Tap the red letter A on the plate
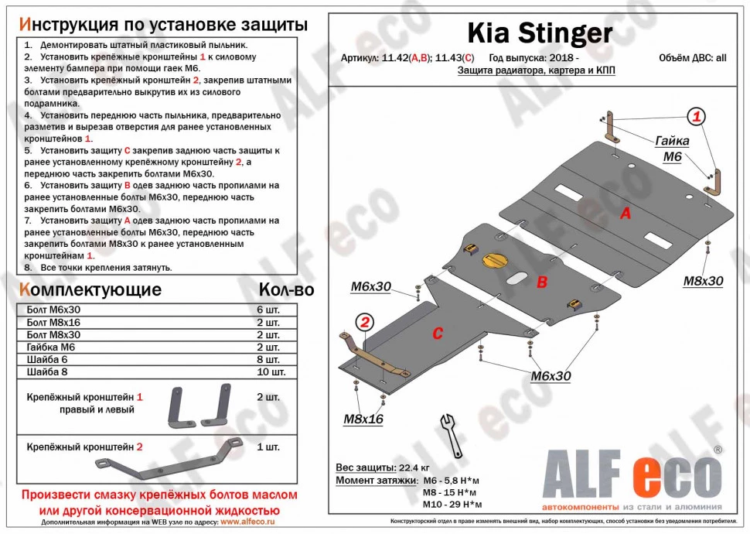tap(626, 214)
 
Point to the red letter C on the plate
tap(437, 334)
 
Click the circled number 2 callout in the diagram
tap(364, 322)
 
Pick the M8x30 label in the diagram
tap(703, 281)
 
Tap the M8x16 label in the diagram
tap(363, 419)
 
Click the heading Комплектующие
tap(90, 290)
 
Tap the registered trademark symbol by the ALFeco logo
tap(717, 450)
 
